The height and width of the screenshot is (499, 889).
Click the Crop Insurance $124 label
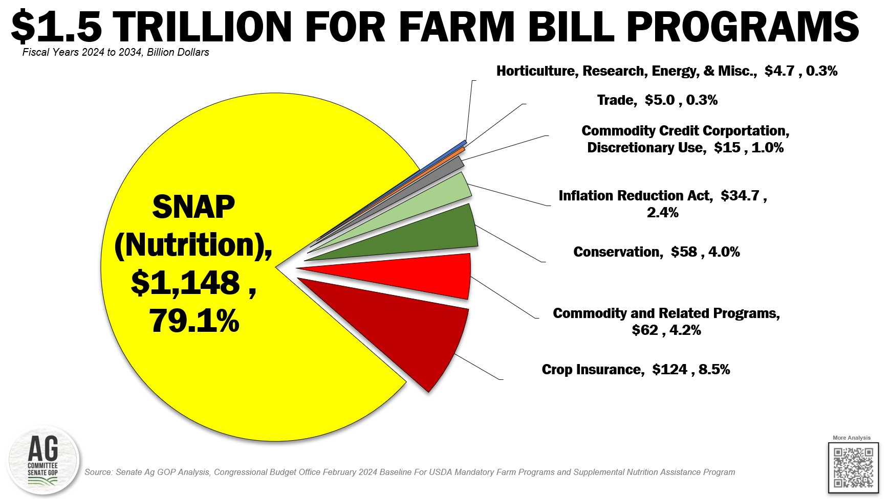click(636, 370)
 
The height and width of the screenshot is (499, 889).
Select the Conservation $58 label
click(656, 252)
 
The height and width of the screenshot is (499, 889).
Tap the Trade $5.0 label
click(657, 100)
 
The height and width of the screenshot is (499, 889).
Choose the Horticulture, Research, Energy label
click(666, 71)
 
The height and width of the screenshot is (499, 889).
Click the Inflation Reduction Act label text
click(662, 203)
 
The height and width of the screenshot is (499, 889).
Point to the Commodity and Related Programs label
click(666, 321)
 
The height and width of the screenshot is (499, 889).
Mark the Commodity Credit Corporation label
click(685, 139)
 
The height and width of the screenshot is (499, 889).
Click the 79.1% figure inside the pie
click(194, 321)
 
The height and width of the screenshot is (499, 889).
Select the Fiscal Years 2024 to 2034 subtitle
click(116, 52)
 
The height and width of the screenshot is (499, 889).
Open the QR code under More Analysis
click(853, 467)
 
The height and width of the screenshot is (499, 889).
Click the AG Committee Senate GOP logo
click(43, 460)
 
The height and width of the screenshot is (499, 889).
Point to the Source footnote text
click(409, 472)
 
